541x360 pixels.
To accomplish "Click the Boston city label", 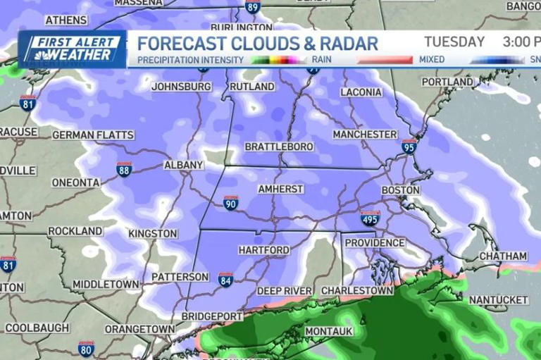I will pyautogui.click(x=400, y=190).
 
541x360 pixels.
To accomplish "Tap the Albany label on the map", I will pyautogui.click(x=183, y=165).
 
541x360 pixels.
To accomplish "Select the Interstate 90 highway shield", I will pyautogui.click(x=230, y=204).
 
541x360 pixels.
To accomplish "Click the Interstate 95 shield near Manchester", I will pyautogui.click(x=409, y=146).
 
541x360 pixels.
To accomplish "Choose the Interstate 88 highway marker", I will pyautogui.click(x=124, y=169).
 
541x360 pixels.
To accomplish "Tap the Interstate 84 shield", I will pyautogui.click(x=225, y=280).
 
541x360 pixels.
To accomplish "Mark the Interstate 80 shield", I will pyautogui.click(x=86, y=348).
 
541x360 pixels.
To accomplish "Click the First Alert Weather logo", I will pyautogui.click(x=72, y=49).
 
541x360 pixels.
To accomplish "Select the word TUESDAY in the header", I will pyautogui.click(x=454, y=42).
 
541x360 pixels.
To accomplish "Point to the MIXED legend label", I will pyautogui.click(x=432, y=60).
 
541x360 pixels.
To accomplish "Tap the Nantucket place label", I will pyautogui.click(x=498, y=300).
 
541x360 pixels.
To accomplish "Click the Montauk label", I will pyautogui.click(x=328, y=331).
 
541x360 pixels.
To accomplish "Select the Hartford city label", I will pyautogui.click(x=263, y=250).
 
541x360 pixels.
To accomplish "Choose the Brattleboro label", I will pyautogui.click(x=279, y=147).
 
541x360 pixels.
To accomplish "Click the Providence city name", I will pyautogui.click(x=375, y=243).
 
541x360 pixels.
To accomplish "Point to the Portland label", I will pyautogui.click(x=447, y=82).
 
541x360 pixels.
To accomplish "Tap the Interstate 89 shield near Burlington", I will pyautogui.click(x=253, y=7).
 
